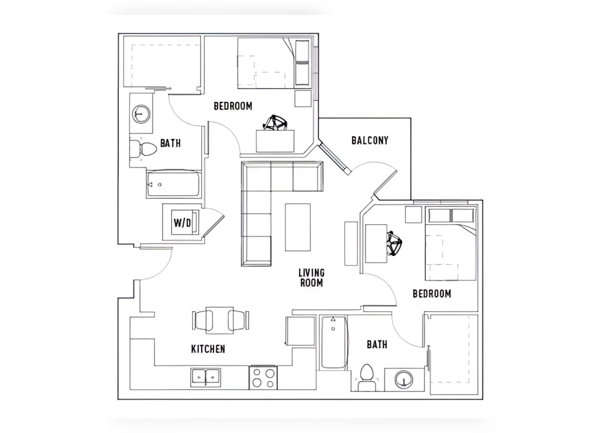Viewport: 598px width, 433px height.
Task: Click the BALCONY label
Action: coord(370,141)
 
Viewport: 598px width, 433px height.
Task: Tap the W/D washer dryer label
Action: coord(182,223)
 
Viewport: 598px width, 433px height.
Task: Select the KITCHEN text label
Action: coord(208,349)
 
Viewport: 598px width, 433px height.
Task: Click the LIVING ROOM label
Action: coord(311,277)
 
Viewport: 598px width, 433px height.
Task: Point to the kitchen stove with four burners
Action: coord(263,378)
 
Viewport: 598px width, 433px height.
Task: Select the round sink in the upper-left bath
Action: coord(142,114)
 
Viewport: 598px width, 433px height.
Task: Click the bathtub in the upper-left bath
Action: coord(173,185)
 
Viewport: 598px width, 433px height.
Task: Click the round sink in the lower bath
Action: coord(404,379)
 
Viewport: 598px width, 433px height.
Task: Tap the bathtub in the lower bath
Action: coord(333,342)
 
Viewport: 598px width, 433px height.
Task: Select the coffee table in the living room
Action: coord(297,227)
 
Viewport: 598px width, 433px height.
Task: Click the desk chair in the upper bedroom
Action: coord(275,123)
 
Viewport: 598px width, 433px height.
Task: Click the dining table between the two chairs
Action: coord(220,320)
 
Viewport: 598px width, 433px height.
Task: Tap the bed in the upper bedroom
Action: coord(273,63)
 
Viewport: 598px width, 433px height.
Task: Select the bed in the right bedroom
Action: coord(450,244)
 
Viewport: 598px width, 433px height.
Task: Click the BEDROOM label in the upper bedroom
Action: coord(233,106)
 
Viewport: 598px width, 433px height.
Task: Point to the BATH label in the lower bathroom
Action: coord(377,344)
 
